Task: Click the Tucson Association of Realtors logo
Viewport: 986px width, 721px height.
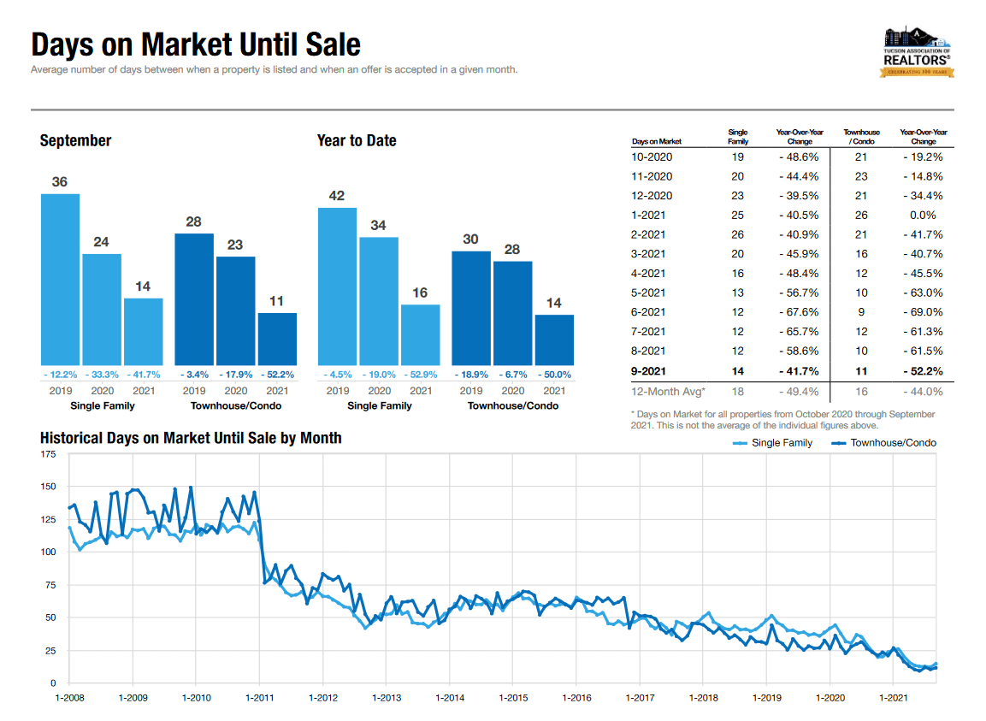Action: click(917, 52)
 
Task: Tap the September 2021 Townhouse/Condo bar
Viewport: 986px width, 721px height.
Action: click(277, 339)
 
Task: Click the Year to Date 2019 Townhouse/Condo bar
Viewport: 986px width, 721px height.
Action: click(470, 308)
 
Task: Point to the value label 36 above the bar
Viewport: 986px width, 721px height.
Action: click(59, 181)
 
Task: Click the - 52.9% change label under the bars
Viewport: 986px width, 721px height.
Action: click(420, 375)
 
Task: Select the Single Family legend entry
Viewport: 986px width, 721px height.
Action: click(773, 443)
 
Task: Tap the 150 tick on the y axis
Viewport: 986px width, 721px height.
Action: click(49, 487)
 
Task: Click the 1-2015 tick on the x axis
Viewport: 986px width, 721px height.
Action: click(513, 698)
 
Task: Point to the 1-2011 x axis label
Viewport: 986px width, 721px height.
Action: click(260, 698)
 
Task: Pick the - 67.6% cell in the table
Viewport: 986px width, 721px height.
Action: click(800, 312)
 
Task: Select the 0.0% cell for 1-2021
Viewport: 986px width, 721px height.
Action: click(923, 215)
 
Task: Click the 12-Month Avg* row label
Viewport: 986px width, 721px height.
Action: click(668, 392)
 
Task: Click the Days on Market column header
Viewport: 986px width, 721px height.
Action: click(657, 141)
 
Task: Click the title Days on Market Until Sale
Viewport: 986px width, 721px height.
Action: click(196, 44)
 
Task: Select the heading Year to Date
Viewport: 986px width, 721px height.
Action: click(357, 140)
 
